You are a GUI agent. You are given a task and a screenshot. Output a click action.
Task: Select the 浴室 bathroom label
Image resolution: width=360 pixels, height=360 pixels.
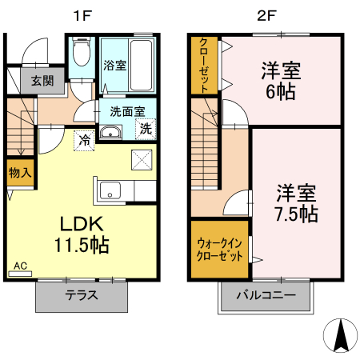click(114, 66)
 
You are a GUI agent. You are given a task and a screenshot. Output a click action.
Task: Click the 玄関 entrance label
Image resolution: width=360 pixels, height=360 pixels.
click(43, 80)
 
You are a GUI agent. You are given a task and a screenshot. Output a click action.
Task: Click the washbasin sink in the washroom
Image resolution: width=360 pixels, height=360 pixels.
click(110, 133)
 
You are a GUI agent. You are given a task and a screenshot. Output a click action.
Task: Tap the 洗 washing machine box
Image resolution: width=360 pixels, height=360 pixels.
click(146, 128)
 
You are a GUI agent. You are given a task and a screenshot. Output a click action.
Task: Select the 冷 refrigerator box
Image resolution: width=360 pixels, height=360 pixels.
click(83, 141)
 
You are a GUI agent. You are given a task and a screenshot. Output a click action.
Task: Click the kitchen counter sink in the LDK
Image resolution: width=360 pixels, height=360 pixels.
click(110, 190)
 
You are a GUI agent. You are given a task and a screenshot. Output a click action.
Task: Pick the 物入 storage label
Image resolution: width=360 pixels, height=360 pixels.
click(20, 172)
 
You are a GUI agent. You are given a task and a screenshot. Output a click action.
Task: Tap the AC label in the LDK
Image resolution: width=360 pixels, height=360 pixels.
click(20, 266)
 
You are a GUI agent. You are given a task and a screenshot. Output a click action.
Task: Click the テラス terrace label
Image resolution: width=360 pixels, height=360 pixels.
click(82, 294)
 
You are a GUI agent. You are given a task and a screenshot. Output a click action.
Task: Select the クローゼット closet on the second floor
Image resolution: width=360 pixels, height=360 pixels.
click(205, 64)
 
